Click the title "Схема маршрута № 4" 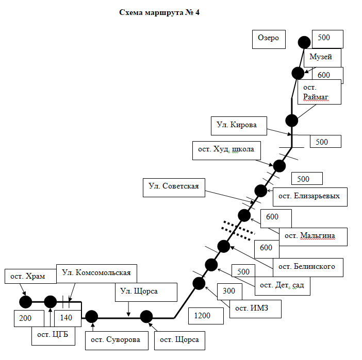pos(159,13)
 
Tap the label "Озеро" pos(269,38)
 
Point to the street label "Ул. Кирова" pos(233,124)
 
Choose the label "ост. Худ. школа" pos(226,149)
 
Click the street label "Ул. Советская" pos(174,186)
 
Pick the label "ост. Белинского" pos(307,266)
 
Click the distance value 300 pos(228,291)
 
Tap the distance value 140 pos(66,318)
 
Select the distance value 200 pos(25,318)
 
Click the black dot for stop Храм pos(25,302)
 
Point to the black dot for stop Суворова pos(92,317)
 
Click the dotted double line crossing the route pos(238,230)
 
